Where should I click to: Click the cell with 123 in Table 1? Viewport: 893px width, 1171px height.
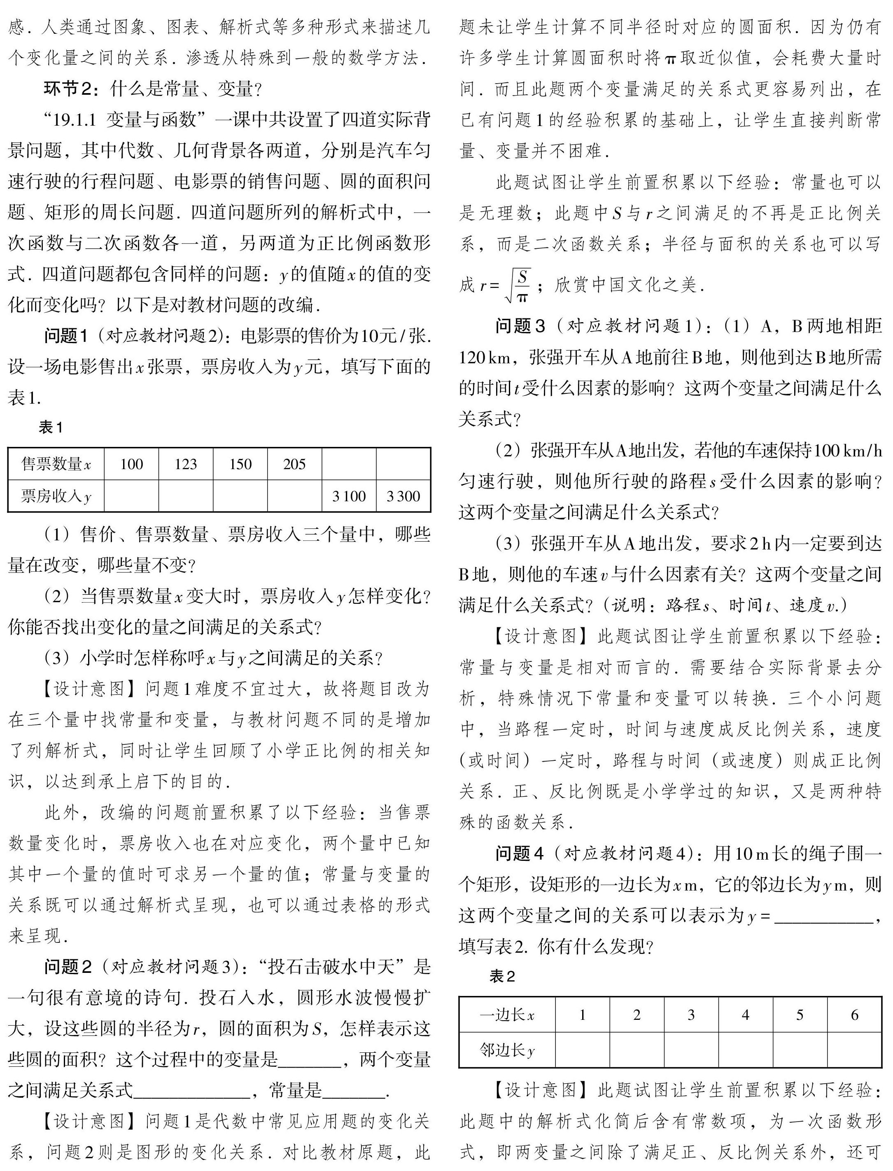click(x=186, y=464)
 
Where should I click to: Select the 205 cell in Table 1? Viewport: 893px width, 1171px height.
click(x=294, y=464)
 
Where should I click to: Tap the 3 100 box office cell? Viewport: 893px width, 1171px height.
click(x=349, y=496)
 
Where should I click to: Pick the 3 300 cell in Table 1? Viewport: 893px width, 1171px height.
click(x=403, y=496)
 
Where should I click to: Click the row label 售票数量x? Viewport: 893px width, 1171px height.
click(x=56, y=464)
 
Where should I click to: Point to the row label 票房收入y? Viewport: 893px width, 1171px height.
click(x=56, y=496)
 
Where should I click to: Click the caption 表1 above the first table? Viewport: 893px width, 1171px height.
click(x=51, y=427)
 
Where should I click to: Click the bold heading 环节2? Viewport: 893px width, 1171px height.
click(x=68, y=89)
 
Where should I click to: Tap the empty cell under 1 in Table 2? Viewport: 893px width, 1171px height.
click(x=583, y=1050)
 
